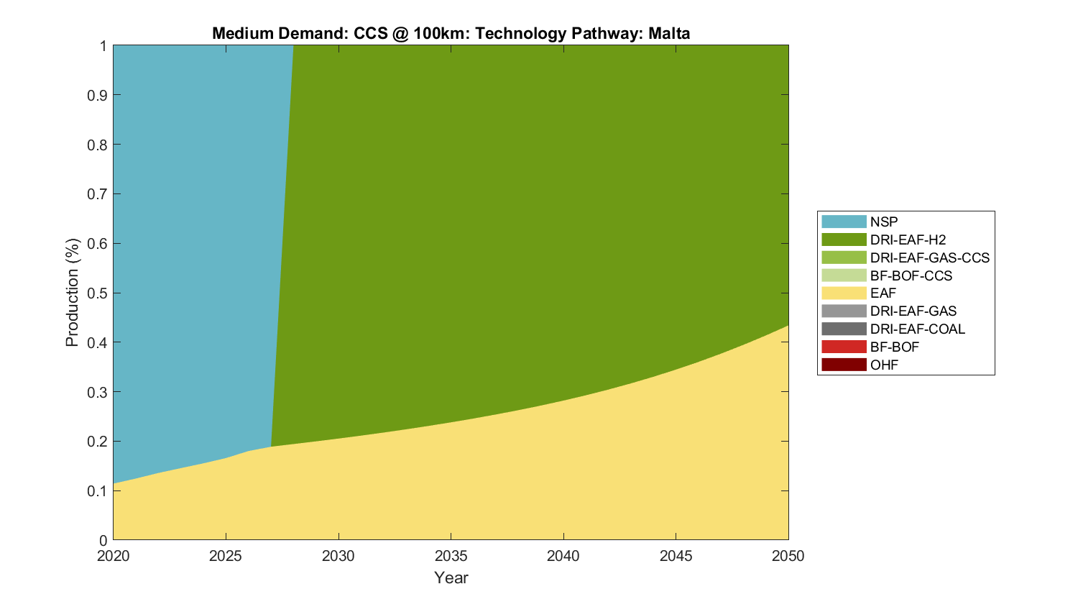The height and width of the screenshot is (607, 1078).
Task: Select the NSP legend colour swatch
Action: click(x=844, y=222)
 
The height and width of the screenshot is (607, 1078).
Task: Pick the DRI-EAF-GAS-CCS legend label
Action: click(x=929, y=257)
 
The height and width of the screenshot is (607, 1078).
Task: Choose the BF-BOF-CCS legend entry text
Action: click(x=911, y=275)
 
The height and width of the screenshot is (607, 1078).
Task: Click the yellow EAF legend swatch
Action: click(x=844, y=293)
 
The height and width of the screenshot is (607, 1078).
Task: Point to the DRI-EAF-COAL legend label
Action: click(x=917, y=329)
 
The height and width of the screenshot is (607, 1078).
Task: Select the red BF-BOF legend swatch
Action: click(x=844, y=347)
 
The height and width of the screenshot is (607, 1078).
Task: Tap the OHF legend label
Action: click(x=884, y=365)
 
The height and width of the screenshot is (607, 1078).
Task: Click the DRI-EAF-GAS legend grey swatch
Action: click(x=844, y=311)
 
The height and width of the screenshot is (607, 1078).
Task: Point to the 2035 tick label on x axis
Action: click(x=451, y=556)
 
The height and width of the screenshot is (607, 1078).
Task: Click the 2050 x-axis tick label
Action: click(x=788, y=556)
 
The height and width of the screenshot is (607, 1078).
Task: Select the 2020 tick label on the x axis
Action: click(x=114, y=556)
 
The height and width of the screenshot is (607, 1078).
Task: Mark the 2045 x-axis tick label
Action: click(x=676, y=556)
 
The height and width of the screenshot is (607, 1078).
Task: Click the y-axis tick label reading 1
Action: click(x=103, y=46)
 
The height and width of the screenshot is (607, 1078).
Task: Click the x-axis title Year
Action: click(x=451, y=578)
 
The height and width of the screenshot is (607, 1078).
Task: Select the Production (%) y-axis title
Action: click(x=72, y=293)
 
